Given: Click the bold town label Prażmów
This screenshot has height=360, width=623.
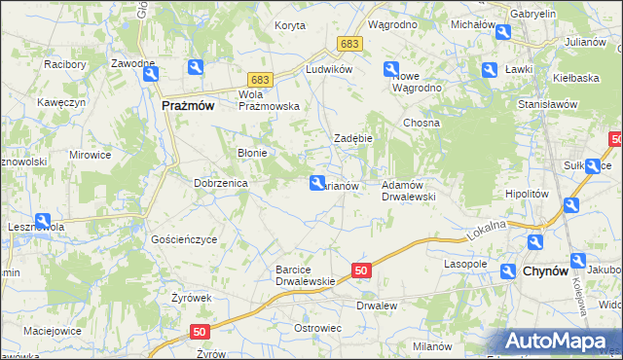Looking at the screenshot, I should (189, 107).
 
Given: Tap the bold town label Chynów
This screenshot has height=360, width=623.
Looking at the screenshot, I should (546, 271).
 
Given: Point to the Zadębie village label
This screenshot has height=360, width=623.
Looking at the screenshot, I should (354, 138).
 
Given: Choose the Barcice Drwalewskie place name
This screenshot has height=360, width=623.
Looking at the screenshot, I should (306, 275).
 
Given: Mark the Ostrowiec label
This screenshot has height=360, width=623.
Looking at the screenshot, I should (317, 328).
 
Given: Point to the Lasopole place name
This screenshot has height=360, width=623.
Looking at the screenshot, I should (465, 264).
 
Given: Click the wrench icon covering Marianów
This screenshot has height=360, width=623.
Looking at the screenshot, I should (317, 182).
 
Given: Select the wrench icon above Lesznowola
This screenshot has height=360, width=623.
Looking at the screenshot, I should (43, 221).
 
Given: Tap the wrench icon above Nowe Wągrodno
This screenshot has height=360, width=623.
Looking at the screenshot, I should (391, 69).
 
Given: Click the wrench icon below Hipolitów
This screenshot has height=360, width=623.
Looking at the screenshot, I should (571, 205).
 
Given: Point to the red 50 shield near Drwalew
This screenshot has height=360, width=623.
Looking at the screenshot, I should (361, 270).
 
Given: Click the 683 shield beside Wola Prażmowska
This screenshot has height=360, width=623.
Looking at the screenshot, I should (258, 79).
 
